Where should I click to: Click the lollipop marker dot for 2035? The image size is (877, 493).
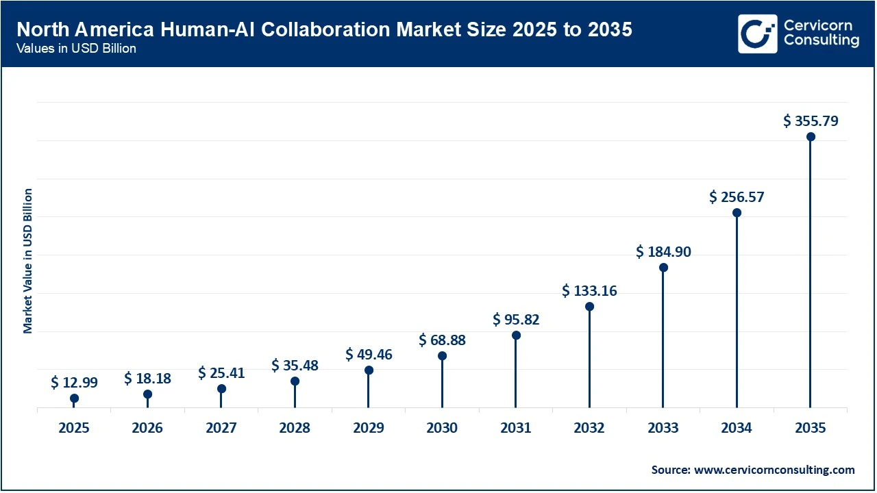pos(811,137)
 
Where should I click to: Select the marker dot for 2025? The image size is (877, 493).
pos(74,399)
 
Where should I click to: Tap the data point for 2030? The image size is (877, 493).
pos(443,356)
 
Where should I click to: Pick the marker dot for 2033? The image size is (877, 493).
pos(663,268)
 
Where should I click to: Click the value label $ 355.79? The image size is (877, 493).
pos(811,122)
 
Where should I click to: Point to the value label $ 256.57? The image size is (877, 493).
pos(737,197)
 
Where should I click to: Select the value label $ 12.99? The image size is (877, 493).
pos(74,383)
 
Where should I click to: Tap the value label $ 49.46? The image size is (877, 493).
pos(369,355)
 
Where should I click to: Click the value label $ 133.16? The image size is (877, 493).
pos(589,291)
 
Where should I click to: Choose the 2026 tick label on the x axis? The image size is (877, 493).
pos(147,428)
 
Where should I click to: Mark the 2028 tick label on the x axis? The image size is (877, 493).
pos(295,428)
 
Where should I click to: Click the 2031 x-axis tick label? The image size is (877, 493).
pos(516,428)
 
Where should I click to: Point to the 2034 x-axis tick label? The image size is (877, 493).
pos(737,428)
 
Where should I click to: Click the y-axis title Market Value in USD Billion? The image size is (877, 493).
pos(28,261)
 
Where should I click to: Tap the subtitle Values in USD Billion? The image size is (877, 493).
pos(77,49)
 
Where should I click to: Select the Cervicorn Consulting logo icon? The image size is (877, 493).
pos(757,34)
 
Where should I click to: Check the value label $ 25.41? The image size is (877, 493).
pos(221,373)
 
